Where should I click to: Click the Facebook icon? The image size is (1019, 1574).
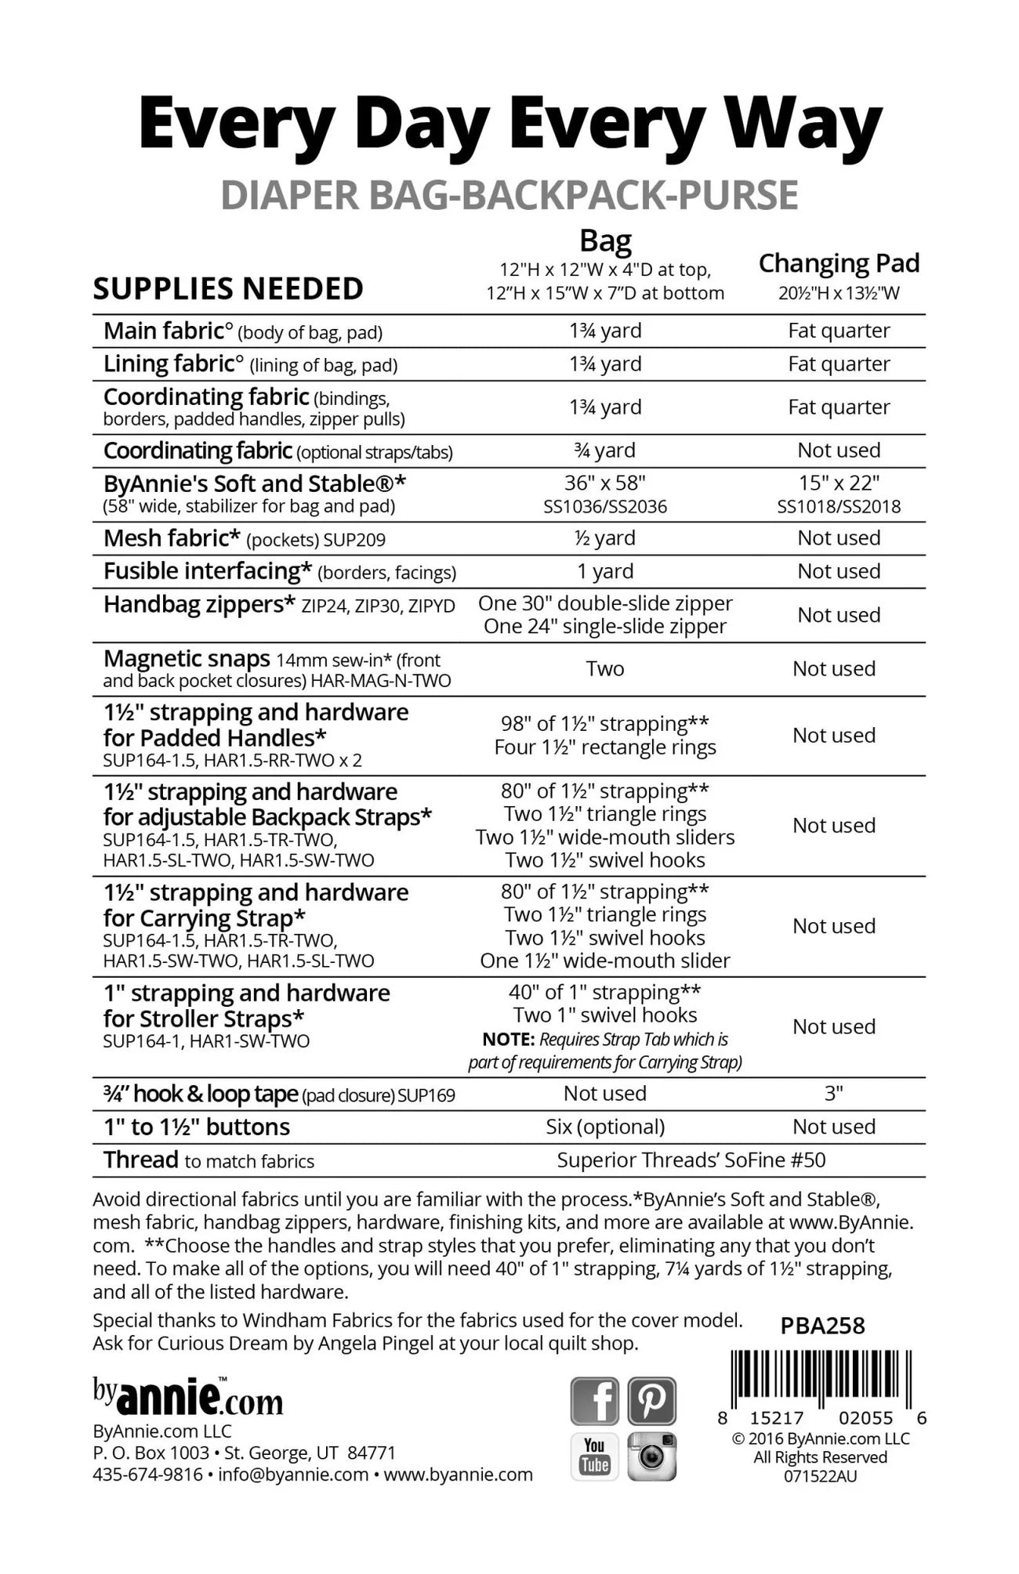595,1401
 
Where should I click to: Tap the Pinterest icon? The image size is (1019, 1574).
651,1401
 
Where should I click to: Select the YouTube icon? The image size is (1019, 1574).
595,1456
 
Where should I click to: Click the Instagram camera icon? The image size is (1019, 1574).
651,1456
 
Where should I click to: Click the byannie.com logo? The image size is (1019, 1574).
188,1398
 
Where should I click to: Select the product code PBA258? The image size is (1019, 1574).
822,1326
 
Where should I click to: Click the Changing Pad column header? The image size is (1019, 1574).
839,263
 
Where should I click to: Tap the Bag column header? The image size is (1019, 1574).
605,241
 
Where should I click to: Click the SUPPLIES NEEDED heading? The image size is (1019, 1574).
228,289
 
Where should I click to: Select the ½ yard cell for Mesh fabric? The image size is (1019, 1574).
605,538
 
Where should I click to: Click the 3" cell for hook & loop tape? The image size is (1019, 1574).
834,1094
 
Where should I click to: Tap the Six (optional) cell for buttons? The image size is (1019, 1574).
605,1127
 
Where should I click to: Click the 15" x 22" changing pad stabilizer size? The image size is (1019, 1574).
839,483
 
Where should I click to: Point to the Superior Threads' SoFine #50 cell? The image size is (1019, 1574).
691,1160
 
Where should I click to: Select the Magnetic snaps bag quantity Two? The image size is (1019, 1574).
605,669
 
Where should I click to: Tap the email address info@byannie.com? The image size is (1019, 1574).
293,1474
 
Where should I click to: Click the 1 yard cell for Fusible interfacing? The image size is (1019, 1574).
605,572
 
